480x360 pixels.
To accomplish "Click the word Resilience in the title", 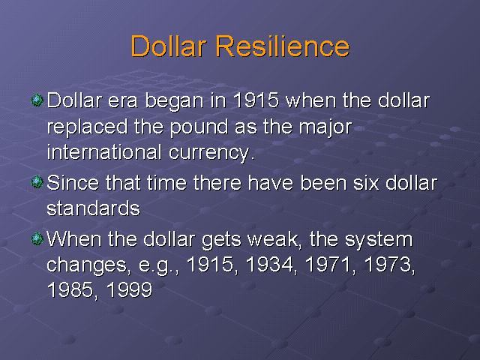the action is point(283,46).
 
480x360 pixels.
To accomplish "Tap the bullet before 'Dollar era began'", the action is point(37,100).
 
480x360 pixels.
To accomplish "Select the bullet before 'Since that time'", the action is point(37,182).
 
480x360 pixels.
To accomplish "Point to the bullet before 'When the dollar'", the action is point(37,238).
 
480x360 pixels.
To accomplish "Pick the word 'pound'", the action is point(199,127).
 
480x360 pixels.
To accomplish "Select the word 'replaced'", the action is point(87,127).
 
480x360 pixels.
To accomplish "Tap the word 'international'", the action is point(104,151).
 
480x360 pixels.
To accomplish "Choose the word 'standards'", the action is point(93,208).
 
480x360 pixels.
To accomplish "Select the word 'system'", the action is point(379,240).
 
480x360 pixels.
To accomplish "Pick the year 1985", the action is point(70,289).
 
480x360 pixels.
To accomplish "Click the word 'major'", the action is point(325,127).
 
